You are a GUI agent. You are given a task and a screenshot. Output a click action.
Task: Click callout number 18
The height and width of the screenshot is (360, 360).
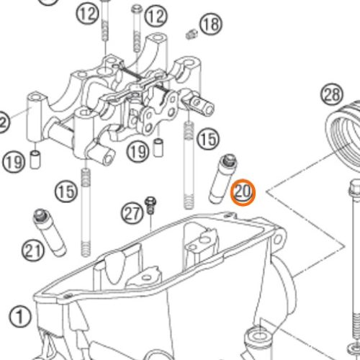[x=211, y=24]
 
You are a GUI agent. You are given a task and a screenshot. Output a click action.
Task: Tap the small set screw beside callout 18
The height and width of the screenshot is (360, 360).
[x=192, y=34]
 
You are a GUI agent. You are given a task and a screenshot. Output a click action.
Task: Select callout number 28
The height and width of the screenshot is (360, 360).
[x=332, y=94]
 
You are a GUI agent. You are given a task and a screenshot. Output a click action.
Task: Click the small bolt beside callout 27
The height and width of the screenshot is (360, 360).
[x=150, y=205]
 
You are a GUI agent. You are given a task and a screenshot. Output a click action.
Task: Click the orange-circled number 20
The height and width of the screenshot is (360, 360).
[x=243, y=192]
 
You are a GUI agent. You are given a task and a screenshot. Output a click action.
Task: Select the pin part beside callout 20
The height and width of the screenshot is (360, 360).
[x=222, y=179]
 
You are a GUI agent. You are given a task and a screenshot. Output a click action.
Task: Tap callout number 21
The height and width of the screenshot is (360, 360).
[x=33, y=251]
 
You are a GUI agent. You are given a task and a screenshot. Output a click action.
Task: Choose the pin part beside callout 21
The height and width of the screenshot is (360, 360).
[x=50, y=233]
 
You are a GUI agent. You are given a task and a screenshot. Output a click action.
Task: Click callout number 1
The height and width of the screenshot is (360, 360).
[x=20, y=316]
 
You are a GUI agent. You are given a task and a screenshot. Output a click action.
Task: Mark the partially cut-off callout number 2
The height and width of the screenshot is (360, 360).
[x=3, y=122]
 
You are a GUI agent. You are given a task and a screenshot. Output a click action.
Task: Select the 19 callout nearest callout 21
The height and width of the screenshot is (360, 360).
[x=14, y=162]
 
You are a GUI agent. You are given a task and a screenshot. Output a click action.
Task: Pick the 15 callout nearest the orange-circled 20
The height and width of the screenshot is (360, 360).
[x=208, y=139]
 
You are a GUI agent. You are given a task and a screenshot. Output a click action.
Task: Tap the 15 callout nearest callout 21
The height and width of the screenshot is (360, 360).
[x=66, y=191]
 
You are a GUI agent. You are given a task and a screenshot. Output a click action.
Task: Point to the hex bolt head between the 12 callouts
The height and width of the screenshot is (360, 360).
[x=137, y=9]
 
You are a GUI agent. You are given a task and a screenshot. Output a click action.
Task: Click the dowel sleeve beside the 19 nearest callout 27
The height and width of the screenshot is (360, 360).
[x=158, y=148]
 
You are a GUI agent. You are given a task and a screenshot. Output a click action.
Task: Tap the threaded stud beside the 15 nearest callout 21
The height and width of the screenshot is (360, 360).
[x=86, y=212]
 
